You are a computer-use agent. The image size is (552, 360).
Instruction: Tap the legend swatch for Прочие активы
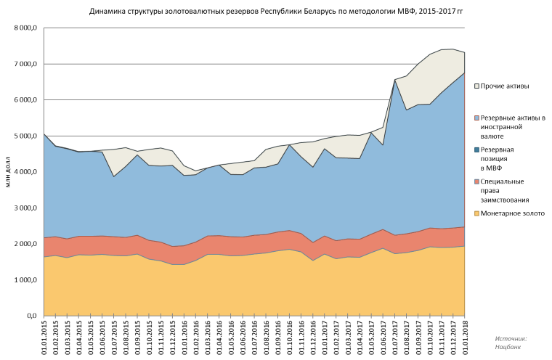pos(476,86)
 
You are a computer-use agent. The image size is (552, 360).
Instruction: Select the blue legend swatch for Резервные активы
pos(476,117)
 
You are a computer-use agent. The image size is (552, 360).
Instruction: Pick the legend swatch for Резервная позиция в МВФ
pos(476,150)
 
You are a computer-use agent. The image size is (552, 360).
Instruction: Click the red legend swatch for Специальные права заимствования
pos(476,181)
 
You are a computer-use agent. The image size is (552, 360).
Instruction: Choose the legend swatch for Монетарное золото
pos(476,213)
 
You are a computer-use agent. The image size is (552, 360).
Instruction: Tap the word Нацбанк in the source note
pos(509,348)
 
